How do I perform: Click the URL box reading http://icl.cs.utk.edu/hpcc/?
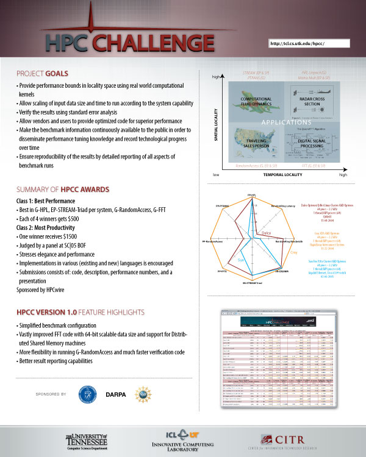pyautogui.click(x=307, y=43)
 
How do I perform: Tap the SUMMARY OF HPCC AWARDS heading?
pyautogui.click(x=63, y=189)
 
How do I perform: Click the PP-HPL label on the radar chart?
pyautogui.click(x=251, y=196)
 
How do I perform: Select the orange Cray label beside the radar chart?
pyautogui.click(x=293, y=252)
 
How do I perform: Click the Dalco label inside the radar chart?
pyautogui.click(x=266, y=233)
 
